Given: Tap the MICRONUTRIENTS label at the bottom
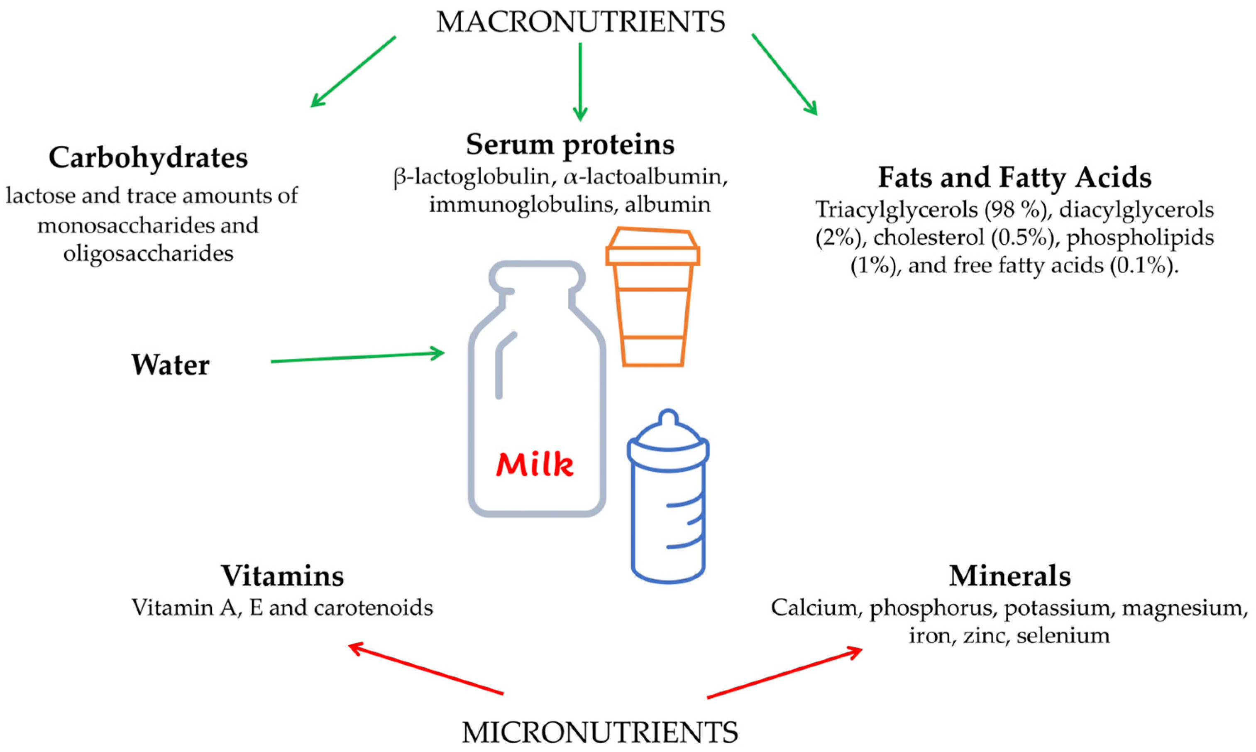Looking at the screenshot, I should pos(600,732).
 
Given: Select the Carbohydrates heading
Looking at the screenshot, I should pos(148,158).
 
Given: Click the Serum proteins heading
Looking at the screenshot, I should pos(570,145).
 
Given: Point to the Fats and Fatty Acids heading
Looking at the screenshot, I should pos(1014,177).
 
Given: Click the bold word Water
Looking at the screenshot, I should pos(170,365).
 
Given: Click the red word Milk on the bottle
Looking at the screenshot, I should pos(534,464).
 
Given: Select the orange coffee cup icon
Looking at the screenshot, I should pos(652,299).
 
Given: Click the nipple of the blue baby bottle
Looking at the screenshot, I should pos(669,419).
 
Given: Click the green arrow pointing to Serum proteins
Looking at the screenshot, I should pos(580,81).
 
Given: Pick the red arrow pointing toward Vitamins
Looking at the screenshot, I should pos(425,669).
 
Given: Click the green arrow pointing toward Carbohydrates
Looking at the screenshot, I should pos(352,71).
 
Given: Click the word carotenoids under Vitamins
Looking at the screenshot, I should pos(373,607).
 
